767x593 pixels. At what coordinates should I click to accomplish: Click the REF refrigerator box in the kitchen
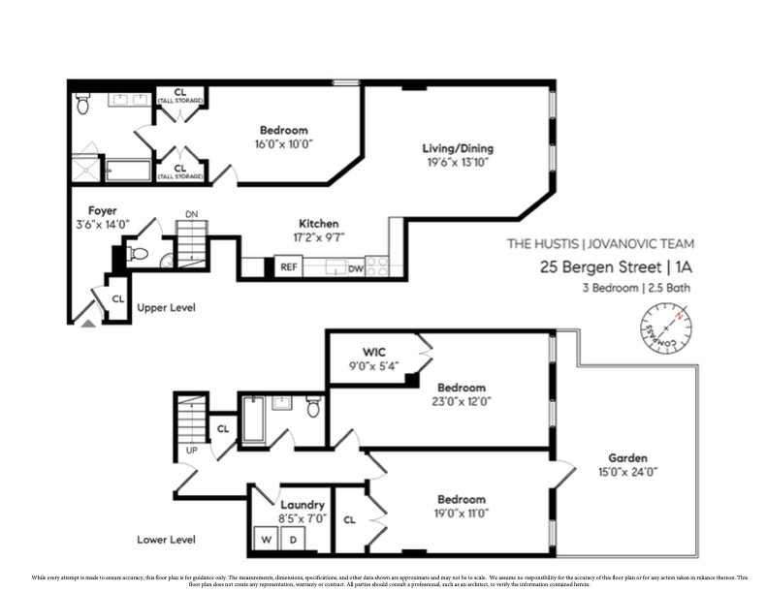tap(288, 267)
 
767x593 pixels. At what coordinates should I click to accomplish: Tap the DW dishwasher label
tap(356, 268)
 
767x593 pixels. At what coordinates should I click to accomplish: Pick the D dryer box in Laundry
tap(286, 539)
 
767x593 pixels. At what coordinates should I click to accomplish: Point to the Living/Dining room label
tap(458, 148)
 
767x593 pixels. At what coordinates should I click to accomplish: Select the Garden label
tap(627, 458)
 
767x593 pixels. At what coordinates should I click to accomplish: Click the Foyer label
tap(103, 209)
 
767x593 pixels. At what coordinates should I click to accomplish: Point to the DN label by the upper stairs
tap(191, 216)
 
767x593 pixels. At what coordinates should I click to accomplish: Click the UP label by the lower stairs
tap(191, 452)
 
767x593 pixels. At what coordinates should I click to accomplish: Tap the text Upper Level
tap(166, 308)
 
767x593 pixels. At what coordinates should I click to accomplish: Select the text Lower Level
tap(166, 540)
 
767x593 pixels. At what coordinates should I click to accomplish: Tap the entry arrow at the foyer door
tap(88, 323)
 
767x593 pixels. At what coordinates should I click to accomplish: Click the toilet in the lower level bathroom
tap(313, 408)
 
